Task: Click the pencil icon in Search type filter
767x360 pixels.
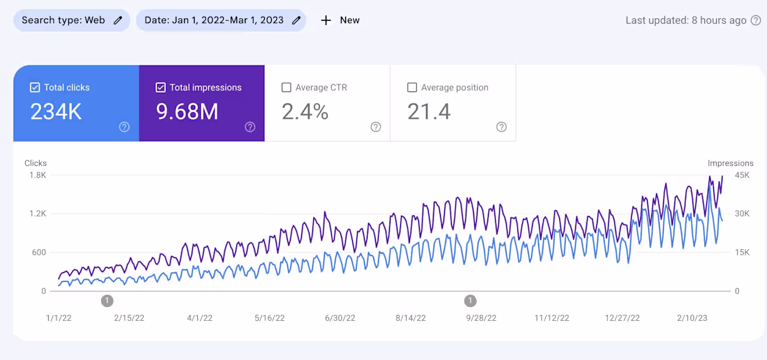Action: (118, 20)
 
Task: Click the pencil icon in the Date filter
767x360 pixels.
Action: (296, 20)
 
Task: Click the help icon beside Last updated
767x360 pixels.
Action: (755, 20)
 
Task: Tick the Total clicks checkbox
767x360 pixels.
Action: (35, 88)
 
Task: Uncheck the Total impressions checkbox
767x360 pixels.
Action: (160, 88)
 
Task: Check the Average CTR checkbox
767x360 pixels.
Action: (286, 88)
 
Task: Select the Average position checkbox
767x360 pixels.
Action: (411, 88)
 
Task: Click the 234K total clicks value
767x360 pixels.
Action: (56, 112)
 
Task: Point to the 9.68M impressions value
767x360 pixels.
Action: (187, 112)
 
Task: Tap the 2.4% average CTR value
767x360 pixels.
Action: (305, 112)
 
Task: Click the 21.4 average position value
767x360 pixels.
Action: (429, 112)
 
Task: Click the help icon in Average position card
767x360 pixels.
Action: (501, 127)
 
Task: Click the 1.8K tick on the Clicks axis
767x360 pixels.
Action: (37, 175)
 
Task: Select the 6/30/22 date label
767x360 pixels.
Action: (340, 318)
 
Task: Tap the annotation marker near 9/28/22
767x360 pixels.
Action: (471, 301)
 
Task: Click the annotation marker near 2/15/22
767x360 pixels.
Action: (107, 301)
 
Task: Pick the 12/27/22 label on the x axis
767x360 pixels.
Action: (622, 318)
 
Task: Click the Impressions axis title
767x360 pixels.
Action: (730, 163)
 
